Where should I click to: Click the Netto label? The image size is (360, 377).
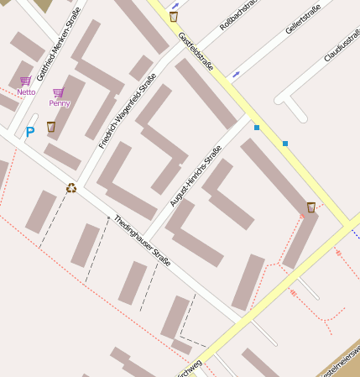26,92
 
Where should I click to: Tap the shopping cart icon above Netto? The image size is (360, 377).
25,81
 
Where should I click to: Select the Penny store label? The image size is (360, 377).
59,103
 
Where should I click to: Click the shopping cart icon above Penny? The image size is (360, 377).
58,92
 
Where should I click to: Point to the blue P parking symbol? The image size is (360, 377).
30,132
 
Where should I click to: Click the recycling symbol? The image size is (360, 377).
71,188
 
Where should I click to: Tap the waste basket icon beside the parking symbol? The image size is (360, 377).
50,127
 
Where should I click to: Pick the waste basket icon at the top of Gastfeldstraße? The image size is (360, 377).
174,16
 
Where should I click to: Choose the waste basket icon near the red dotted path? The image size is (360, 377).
310,207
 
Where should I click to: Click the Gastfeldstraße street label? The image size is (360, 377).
196,52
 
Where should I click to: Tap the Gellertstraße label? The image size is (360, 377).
303,17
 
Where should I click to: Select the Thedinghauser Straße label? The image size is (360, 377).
143,241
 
